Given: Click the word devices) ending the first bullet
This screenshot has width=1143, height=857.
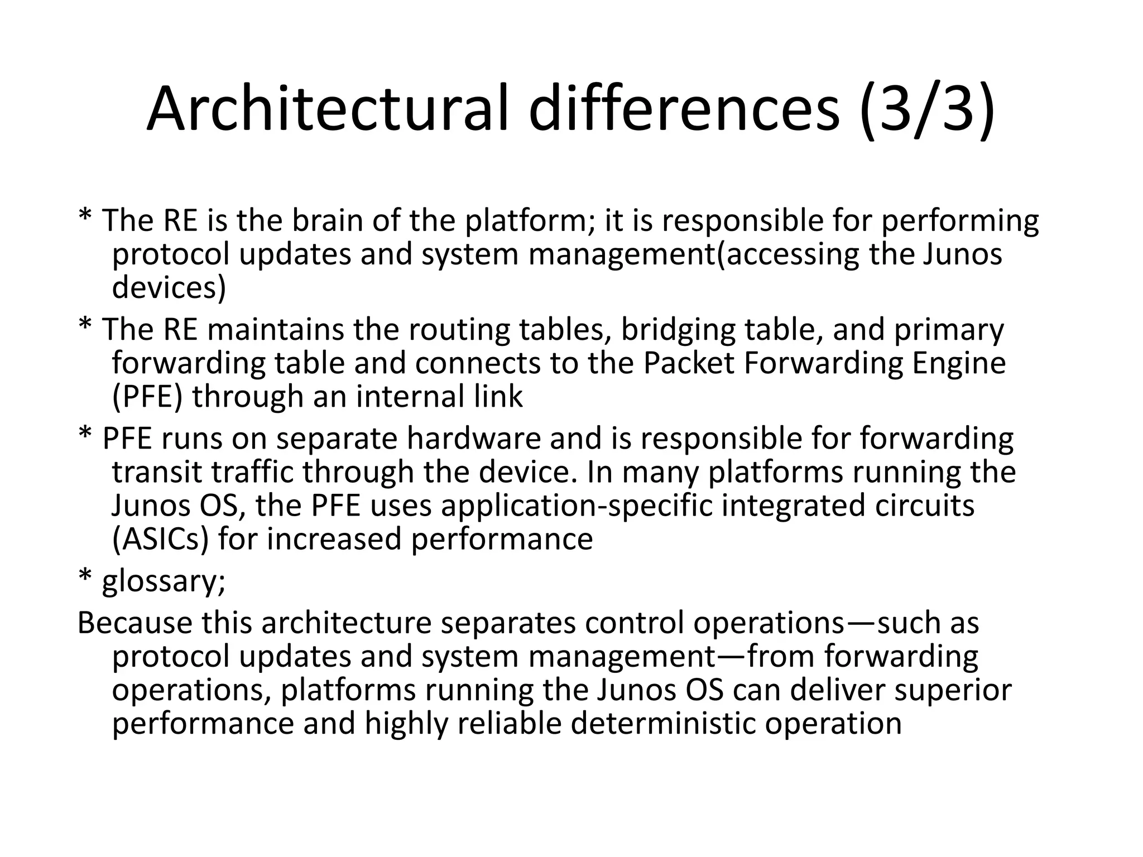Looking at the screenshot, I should (169, 288).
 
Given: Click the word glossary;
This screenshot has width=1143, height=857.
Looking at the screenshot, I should (164, 582).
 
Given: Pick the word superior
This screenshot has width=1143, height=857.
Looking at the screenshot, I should (953, 690).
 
